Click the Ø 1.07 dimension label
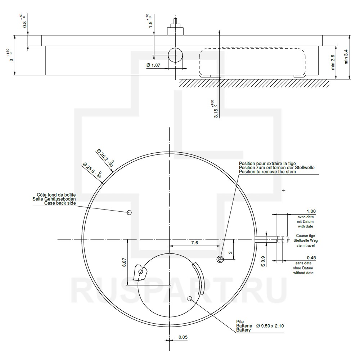click(153, 65)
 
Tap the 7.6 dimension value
click(194, 242)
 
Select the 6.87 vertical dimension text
click(124, 262)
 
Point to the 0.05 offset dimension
click(183, 337)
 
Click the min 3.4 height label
click(346, 57)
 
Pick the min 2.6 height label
click(333, 62)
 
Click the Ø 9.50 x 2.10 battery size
click(270, 326)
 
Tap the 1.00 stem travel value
click(311, 211)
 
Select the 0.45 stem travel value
click(311, 258)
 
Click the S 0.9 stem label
click(263, 261)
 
